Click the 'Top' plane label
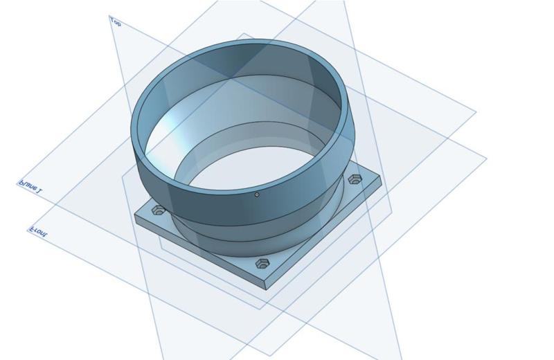116,22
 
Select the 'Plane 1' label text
30,188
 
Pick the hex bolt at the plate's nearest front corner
262,264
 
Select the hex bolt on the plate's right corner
355,179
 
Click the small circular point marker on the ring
257,195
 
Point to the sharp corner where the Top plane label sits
109,16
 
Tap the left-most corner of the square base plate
135,216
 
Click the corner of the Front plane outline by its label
28,226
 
